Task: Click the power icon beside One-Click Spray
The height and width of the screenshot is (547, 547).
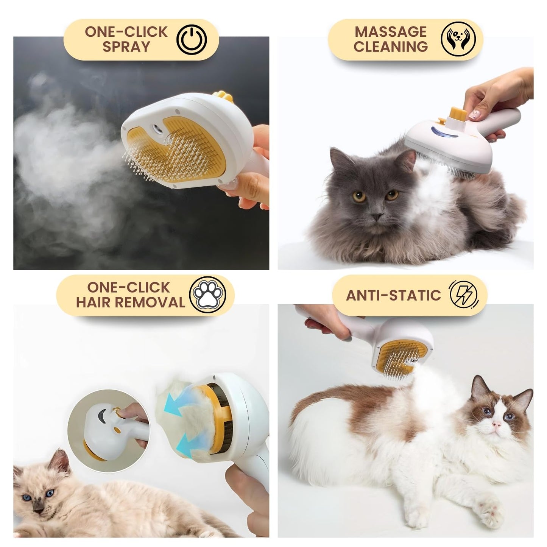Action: tap(192, 40)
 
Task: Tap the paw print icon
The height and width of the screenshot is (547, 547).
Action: tap(207, 295)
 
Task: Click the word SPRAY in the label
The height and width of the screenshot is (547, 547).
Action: tap(126, 47)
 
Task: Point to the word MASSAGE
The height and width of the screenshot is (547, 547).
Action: tap(390, 32)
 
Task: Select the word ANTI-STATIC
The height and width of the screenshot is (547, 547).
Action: tap(393, 295)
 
